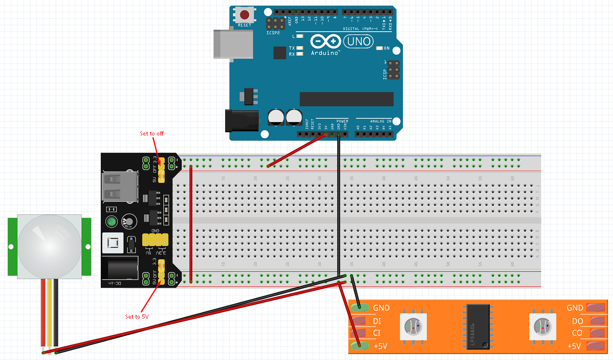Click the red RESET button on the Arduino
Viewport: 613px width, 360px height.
pyautogui.click(x=244, y=15)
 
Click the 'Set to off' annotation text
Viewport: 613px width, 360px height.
pyautogui.click(x=152, y=133)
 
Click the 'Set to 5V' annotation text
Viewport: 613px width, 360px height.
pyautogui.click(x=137, y=316)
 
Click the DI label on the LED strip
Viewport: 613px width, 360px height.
pyautogui.click(x=377, y=321)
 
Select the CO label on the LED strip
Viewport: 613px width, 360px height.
pyautogui.click(x=577, y=333)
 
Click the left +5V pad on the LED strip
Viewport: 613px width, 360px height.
pyautogui.click(x=359, y=345)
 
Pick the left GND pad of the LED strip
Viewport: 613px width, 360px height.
pyautogui.click(x=359, y=307)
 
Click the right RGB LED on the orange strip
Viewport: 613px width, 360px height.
pyautogui.click(x=542, y=327)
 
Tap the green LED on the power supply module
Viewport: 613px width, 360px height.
pyautogui.click(x=111, y=222)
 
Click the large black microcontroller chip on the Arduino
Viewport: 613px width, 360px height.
pyautogui.click(x=346, y=99)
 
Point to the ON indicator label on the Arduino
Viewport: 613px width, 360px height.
pyautogui.click(x=386, y=48)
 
